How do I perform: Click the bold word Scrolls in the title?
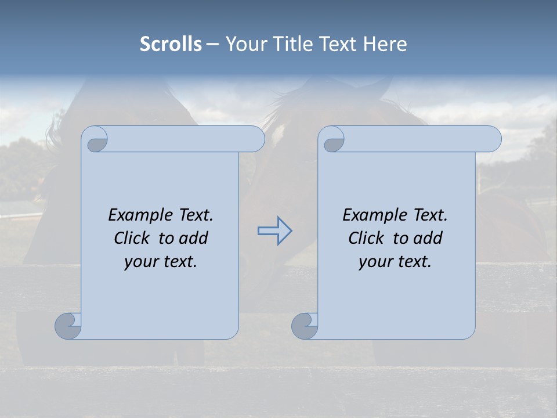[171, 44]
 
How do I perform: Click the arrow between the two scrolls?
[274, 231]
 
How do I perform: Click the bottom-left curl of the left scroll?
[68, 326]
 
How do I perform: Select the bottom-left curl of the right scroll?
[305, 326]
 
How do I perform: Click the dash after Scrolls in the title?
[212, 45]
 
